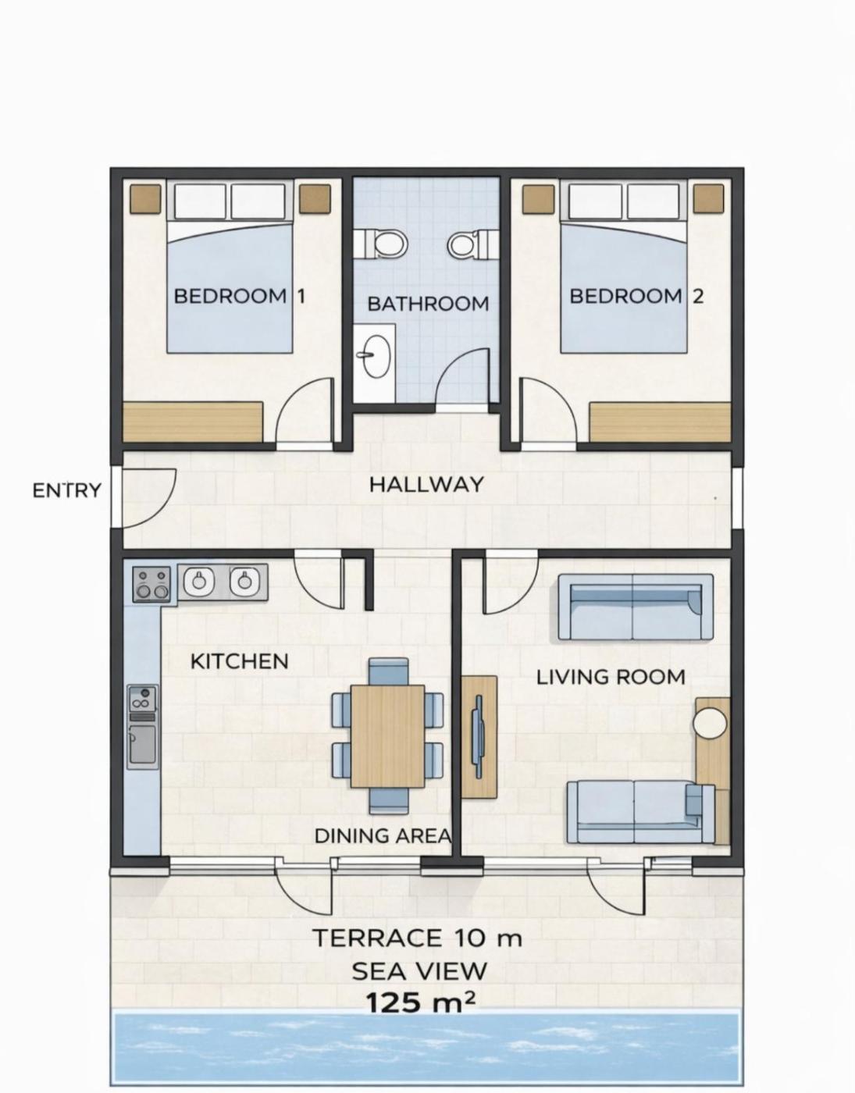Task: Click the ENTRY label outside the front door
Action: pyautogui.click(x=67, y=490)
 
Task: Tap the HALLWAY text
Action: pyautogui.click(x=426, y=485)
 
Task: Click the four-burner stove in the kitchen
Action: pyautogui.click(x=151, y=583)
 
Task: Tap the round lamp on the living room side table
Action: pyautogui.click(x=710, y=723)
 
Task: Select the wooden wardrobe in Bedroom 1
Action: pyautogui.click(x=193, y=422)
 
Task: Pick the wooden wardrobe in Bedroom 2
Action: pyautogui.click(x=661, y=422)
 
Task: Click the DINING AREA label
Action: pyautogui.click(x=383, y=836)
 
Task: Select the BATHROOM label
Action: pyautogui.click(x=428, y=304)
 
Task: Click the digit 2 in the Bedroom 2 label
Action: pyautogui.click(x=697, y=296)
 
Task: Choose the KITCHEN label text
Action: pyautogui.click(x=240, y=661)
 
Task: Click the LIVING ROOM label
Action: pyautogui.click(x=611, y=678)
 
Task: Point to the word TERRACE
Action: pyautogui.click(x=377, y=938)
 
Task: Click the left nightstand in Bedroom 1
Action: pyautogui.click(x=146, y=198)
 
